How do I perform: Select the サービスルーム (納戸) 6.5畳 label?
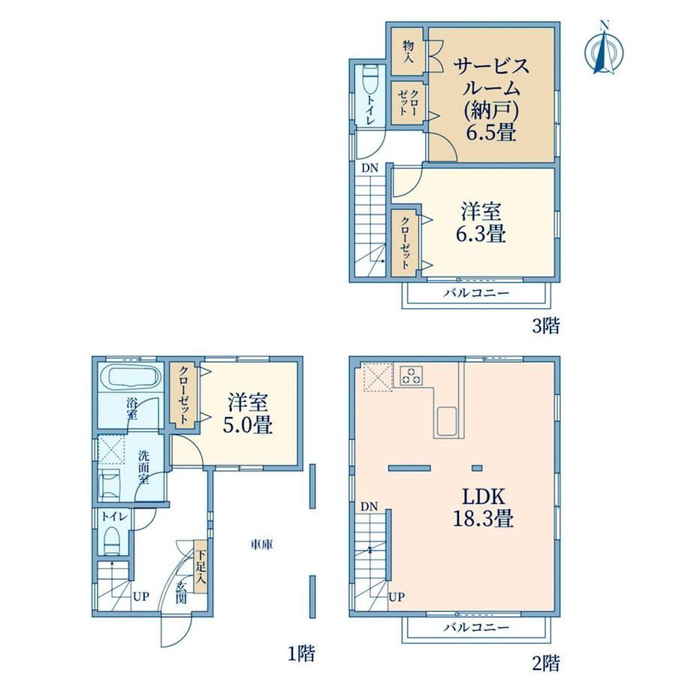pos(491,100)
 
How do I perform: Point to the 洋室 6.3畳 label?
pos(481,222)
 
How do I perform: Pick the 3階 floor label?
pos(546,326)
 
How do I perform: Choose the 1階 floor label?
pos(301,653)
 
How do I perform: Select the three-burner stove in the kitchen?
pos(411,376)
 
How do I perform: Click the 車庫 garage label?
pos(262,545)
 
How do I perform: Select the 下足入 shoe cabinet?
pos(201,566)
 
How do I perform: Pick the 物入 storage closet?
pos(408,51)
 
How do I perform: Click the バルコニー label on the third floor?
pos(476,293)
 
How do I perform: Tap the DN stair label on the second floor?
pos(370,507)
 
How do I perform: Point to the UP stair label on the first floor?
pos(141,597)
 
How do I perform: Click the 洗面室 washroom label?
pos(143,466)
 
